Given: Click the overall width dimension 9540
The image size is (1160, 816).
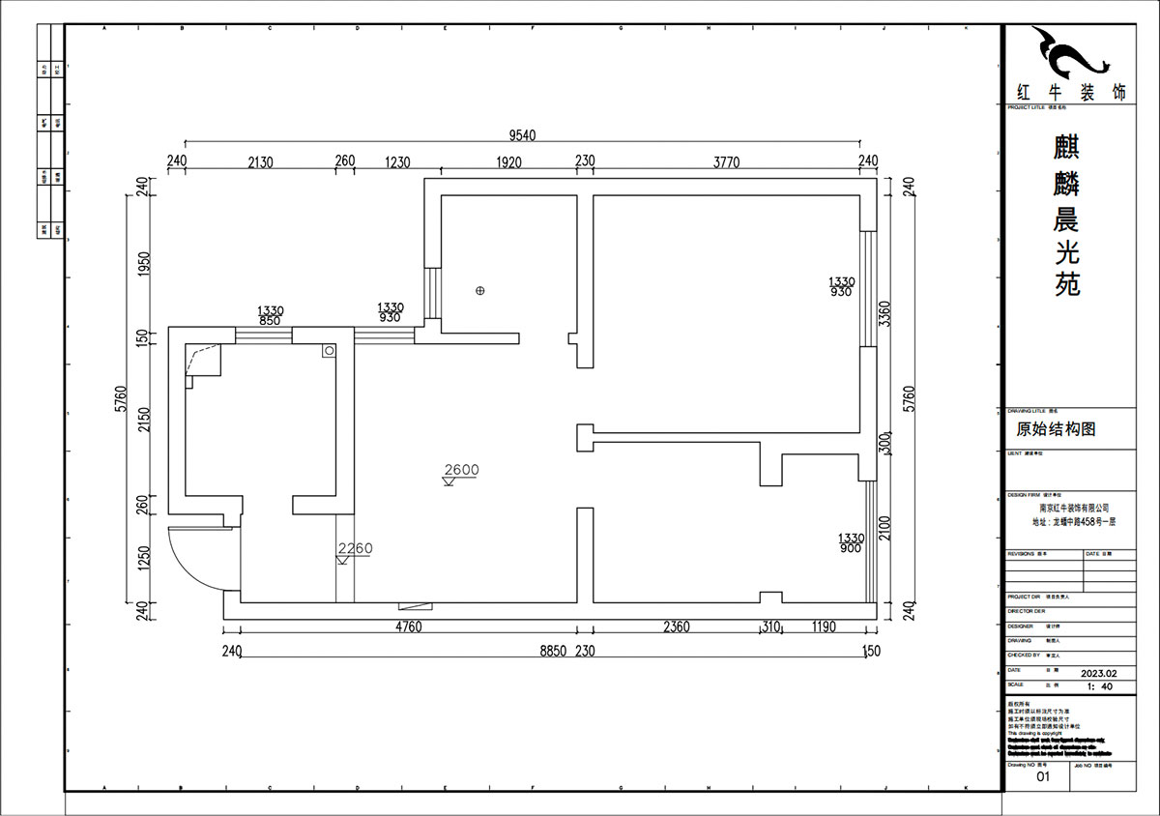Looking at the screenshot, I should point(522,135).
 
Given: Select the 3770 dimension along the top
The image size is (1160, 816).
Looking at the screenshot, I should point(726,162).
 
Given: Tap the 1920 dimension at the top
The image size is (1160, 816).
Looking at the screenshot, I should point(508,162).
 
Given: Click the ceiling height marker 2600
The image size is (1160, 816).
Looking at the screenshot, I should point(461,471).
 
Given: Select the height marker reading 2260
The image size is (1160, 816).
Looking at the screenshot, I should point(355,549).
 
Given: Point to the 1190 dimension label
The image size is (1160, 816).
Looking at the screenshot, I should point(824,627).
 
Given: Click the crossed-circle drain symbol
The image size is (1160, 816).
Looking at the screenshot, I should point(479,290).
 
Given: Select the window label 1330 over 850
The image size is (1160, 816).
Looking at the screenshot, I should point(270,313).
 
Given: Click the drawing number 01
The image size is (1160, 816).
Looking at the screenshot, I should point(1042,775).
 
